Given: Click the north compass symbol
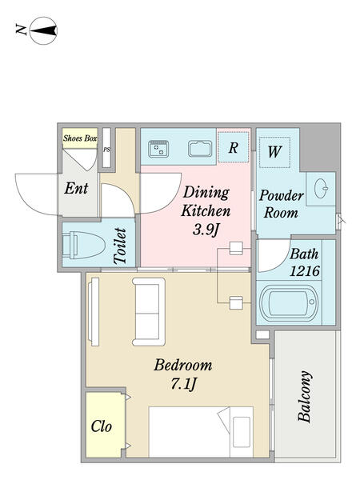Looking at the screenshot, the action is point(43,30).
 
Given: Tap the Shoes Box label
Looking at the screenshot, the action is point(80,138).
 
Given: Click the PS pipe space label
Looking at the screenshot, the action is point(106,150).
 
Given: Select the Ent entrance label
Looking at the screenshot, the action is point(76,188).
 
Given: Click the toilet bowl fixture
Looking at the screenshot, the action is point(84,246).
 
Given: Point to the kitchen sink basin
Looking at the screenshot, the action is point(200,149).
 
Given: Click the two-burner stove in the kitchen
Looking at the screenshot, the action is point(158,149).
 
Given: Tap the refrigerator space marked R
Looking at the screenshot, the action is point(234,147).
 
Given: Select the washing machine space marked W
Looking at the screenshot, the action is point(274,152).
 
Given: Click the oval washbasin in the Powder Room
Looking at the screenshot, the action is point(321,188).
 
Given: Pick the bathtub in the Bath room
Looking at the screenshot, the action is point(288,303).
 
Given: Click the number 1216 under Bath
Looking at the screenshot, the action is point(305,271).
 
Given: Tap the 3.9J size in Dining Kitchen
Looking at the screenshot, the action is point(206,230).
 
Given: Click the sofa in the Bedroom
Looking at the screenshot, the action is point(149,312).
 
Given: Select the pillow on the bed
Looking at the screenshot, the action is point(242,432).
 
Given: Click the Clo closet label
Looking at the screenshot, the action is point(102,426).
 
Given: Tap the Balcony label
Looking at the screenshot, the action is point(306,397).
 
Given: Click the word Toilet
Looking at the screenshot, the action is point(120,246).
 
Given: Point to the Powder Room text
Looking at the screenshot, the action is point(282,204).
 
